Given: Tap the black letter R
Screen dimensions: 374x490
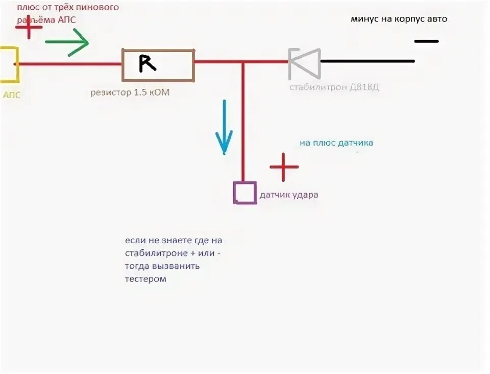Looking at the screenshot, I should [147, 63].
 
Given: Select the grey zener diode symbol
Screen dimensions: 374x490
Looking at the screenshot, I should [304, 63].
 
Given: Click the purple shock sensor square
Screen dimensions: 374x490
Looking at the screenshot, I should [244, 193].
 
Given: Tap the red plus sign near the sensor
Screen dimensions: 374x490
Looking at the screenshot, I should [284, 166].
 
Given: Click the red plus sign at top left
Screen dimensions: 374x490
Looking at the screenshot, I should [29, 27].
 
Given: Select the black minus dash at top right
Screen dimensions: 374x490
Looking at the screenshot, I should [426, 41].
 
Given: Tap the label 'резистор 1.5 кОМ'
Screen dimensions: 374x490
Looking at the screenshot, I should [130, 92].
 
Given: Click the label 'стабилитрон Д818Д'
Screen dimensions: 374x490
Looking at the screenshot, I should [334, 87].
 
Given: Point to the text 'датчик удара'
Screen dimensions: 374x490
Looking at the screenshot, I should [289, 195].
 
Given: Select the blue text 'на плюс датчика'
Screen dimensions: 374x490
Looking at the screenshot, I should [336, 143].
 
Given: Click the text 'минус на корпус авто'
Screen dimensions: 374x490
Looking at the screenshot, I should [399, 19].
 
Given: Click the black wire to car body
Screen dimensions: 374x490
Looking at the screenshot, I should [367, 61].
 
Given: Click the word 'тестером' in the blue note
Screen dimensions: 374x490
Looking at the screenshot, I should [145, 279].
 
